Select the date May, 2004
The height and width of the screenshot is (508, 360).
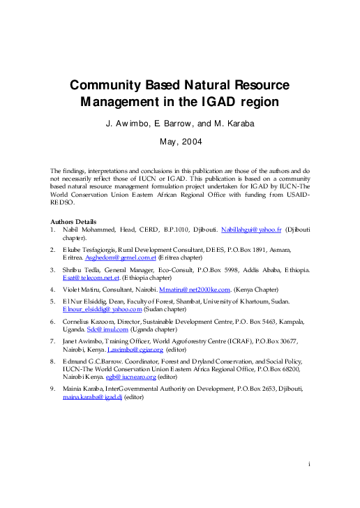[x=179, y=141]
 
